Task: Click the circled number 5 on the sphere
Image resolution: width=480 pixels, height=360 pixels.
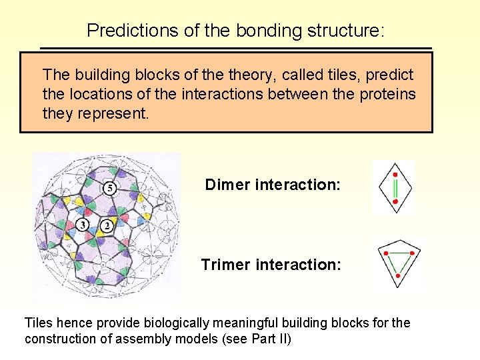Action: click(x=109, y=189)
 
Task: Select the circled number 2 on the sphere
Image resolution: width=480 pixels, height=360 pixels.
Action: click(x=107, y=226)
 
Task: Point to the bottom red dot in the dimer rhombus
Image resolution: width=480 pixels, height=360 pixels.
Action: click(x=395, y=200)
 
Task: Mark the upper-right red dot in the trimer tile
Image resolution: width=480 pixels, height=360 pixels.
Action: click(x=413, y=253)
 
